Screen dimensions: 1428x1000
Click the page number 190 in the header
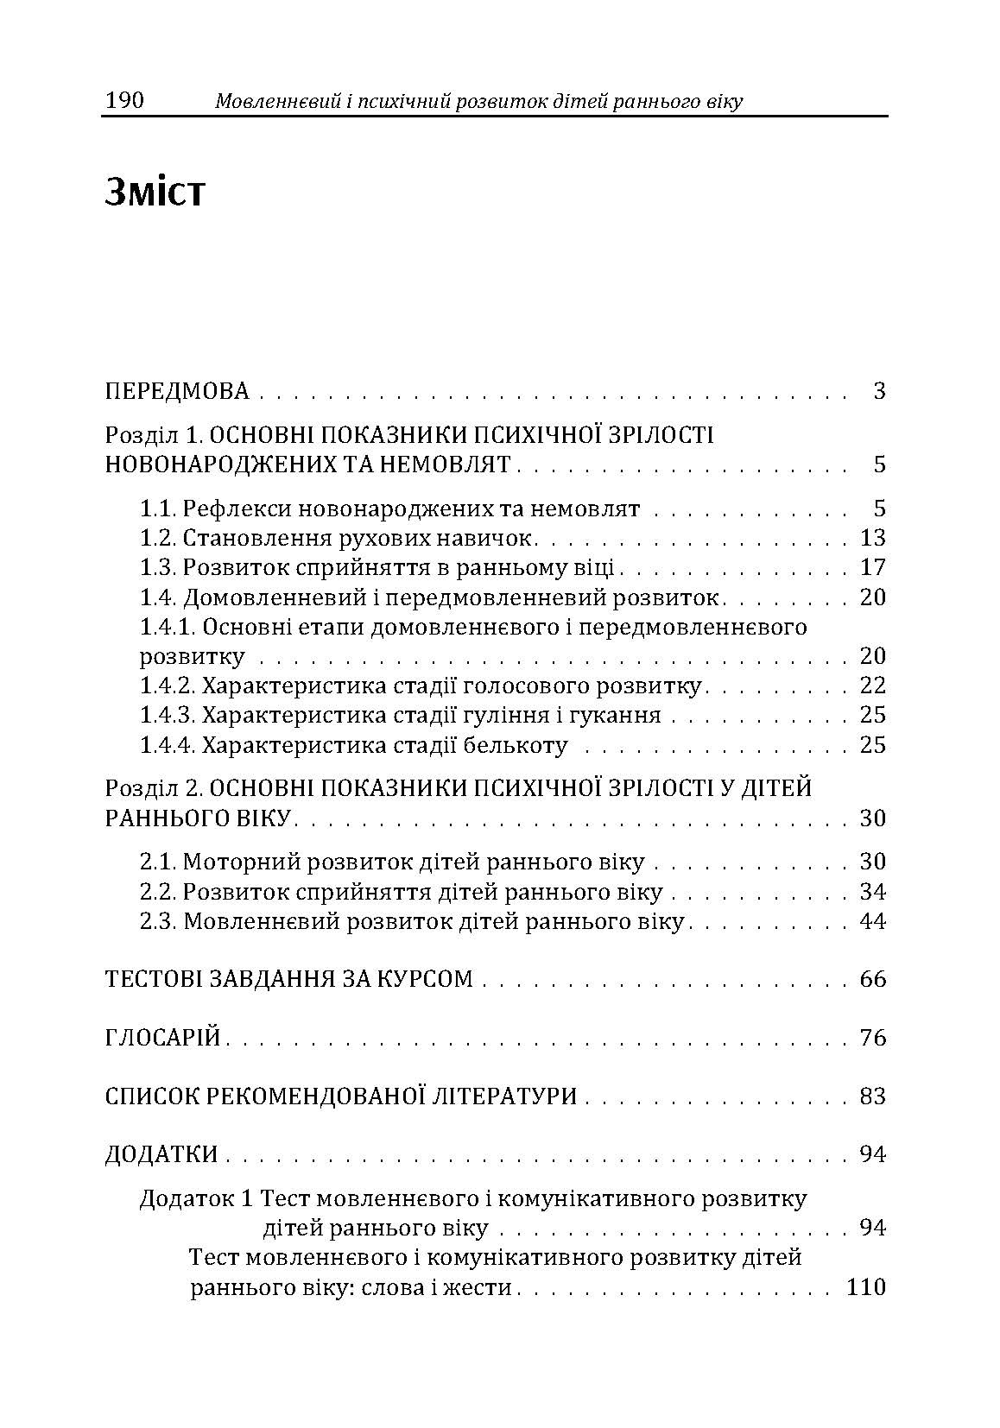pos(124,102)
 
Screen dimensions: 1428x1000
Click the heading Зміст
pos(155,193)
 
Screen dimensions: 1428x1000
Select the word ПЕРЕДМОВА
pos(177,391)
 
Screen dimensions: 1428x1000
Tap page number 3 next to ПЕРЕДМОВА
pos(879,391)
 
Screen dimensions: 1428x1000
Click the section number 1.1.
pos(158,509)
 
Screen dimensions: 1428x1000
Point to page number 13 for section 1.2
pos(873,538)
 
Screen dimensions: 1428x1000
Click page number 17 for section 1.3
pos(873,567)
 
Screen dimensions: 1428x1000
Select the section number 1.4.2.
pos(169,686)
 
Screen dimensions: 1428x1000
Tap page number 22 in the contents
pos(873,686)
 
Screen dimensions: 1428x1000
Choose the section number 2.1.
pos(159,862)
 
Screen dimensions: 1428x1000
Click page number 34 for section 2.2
pos(873,891)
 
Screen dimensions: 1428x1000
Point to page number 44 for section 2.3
pos(873,921)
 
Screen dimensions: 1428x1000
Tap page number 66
pos(873,979)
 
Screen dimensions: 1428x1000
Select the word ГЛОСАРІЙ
pos(163,1037)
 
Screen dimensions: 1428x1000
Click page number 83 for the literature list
pos(873,1096)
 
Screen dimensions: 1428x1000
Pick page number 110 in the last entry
pos(866,1287)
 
